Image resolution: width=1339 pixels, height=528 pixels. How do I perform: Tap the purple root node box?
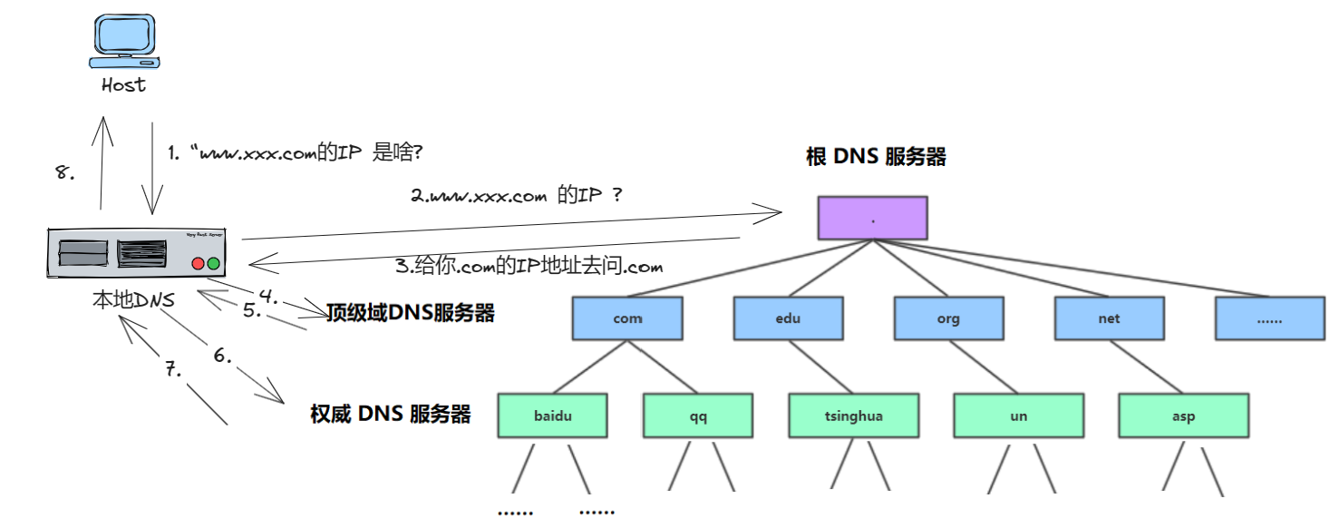(873, 219)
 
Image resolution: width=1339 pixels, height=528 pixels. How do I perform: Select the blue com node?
(626, 318)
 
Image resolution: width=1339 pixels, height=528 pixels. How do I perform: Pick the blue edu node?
(788, 318)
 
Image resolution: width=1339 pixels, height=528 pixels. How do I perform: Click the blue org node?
(948, 318)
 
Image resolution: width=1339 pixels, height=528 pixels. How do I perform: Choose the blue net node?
(1109, 318)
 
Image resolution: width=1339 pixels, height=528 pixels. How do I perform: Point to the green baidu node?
(553, 416)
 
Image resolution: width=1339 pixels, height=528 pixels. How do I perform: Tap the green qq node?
(697, 416)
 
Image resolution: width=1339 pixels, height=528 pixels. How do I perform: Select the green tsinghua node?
(853, 416)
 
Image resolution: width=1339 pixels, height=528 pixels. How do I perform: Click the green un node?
(1018, 416)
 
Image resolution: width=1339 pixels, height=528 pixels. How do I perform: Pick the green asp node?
(1183, 416)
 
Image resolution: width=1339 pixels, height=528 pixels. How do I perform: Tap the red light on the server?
(198, 264)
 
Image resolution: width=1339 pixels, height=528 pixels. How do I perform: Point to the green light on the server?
(214, 264)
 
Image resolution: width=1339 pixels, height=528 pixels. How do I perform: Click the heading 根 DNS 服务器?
(876, 157)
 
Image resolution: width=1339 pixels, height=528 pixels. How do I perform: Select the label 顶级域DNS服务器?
(410, 314)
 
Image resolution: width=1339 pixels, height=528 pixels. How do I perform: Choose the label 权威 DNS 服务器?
(391, 415)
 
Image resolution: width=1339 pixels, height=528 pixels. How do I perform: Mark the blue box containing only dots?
(1269, 318)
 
